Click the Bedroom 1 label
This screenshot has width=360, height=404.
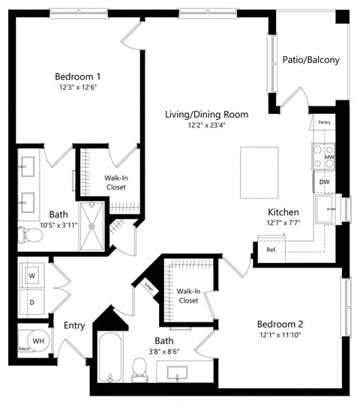point(77,76)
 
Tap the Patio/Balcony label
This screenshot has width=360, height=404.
point(310,60)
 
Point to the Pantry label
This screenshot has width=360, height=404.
point(324,121)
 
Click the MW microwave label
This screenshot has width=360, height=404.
point(328,156)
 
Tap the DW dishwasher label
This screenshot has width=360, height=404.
point(325,181)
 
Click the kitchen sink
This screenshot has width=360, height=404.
point(328,210)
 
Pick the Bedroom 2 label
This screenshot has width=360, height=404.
point(280,324)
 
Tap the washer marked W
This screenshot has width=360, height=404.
point(31,275)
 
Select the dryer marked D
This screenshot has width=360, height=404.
point(31,303)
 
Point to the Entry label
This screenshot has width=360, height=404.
point(73,325)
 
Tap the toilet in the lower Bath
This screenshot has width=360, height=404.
point(139,367)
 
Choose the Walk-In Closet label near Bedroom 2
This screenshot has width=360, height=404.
point(187,295)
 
